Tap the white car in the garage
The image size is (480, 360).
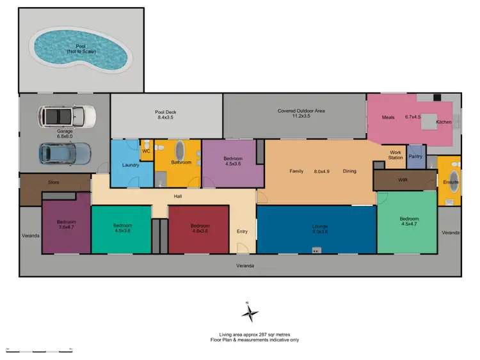(x=67, y=116)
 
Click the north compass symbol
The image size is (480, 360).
(x=250, y=313)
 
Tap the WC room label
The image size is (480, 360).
(x=146, y=152)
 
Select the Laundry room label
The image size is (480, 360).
(x=131, y=166)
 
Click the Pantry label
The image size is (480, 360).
(x=415, y=156)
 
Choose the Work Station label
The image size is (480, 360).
(x=396, y=154)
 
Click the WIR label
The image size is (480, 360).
(x=403, y=180)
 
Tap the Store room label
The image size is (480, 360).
(x=54, y=182)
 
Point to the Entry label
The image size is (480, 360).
(x=242, y=231)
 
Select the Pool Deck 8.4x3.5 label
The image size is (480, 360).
(x=165, y=115)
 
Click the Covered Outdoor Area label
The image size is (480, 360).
(x=301, y=114)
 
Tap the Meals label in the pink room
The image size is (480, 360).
(x=388, y=117)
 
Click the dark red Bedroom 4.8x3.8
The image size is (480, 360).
(x=199, y=228)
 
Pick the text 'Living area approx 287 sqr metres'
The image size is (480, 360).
(x=246, y=335)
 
